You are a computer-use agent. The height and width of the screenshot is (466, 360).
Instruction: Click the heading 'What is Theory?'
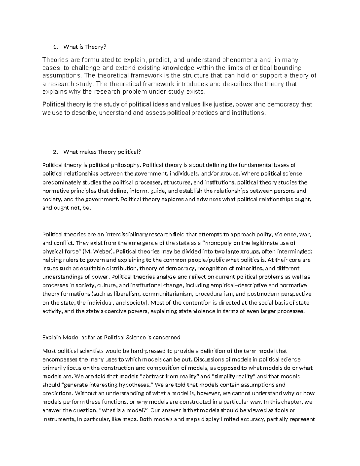coord(85,47)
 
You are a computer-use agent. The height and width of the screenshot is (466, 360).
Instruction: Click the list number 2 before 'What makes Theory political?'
coord(55,152)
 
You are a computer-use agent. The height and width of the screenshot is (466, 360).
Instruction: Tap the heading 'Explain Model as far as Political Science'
coord(111,337)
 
